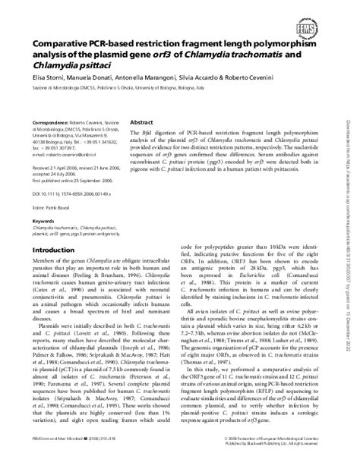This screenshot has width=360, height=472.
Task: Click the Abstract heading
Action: pos(143,121)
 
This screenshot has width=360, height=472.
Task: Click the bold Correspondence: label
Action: pos(57,122)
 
